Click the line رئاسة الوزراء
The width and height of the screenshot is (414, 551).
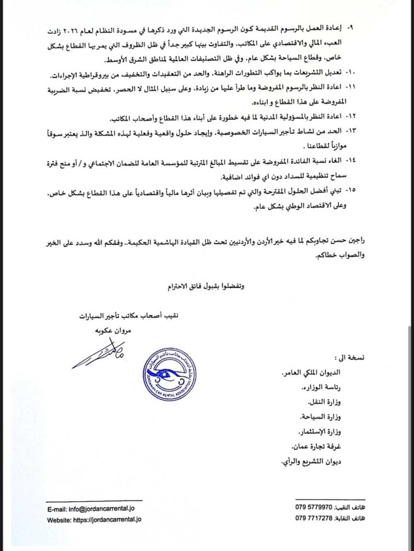pyautogui.click(x=321, y=387)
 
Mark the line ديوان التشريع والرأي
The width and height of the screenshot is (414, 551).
pyautogui.click(x=311, y=462)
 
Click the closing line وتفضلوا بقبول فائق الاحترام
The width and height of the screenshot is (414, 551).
pyautogui.click(x=206, y=286)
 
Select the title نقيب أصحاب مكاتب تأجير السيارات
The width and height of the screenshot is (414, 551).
pyautogui.click(x=129, y=316)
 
